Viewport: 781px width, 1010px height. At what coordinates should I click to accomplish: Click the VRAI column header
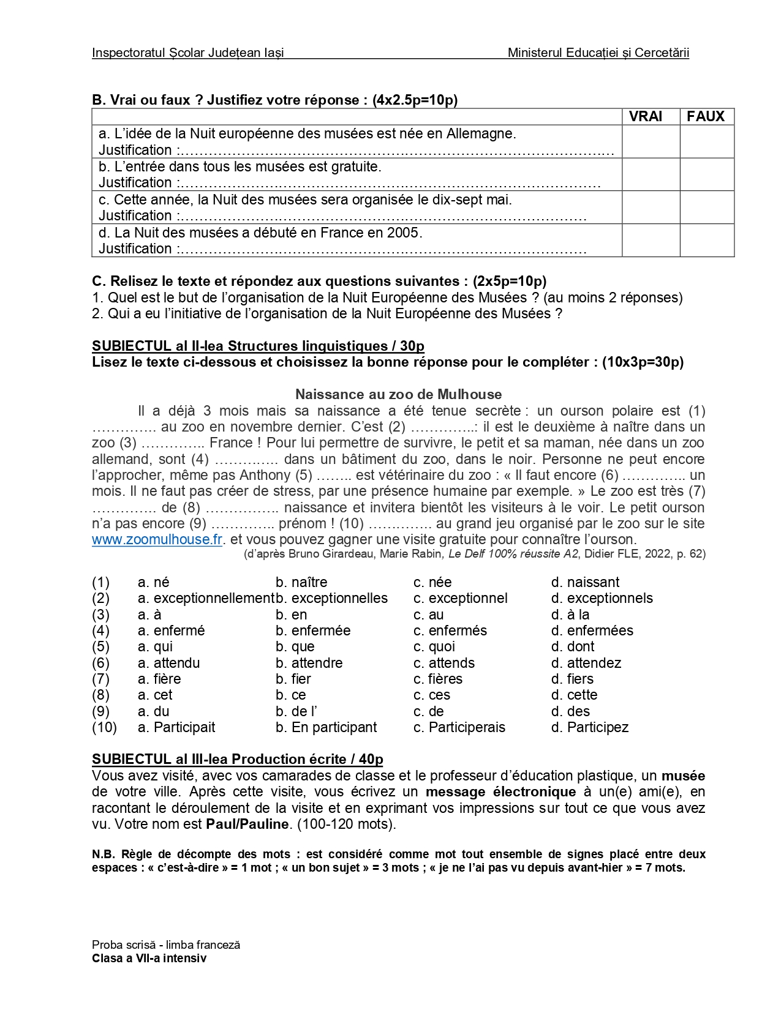[645, 116]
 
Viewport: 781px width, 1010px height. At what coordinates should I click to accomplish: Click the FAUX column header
[706, 116]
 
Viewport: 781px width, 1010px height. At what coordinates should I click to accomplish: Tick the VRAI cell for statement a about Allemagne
[651, 141]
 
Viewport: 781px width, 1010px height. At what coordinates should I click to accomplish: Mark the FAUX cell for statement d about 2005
[706, 240]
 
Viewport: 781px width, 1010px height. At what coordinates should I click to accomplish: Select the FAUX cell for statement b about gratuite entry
[706, 174]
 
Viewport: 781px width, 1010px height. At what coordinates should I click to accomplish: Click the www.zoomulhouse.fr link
[157, 539]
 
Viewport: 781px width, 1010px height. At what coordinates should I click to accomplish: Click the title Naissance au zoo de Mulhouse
[398, 394]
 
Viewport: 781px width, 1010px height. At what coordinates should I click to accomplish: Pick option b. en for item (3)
[292, 615]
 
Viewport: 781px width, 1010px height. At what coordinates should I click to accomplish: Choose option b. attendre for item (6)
[309, 663]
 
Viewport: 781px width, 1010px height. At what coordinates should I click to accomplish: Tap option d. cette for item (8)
[574, 695]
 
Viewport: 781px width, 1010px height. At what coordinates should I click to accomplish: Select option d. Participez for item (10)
[590, 727]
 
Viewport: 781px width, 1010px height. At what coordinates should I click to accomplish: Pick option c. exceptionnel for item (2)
[461, 598]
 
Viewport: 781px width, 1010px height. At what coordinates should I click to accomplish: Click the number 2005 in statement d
[404, 233]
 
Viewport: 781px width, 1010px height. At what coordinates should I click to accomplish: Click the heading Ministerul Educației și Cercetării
[598, 53]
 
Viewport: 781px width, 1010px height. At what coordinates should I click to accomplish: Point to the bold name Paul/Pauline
[247, 824]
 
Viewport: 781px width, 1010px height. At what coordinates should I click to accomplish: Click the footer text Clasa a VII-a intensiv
[149, 959]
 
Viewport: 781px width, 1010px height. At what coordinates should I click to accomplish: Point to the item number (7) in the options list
[100, 679]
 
